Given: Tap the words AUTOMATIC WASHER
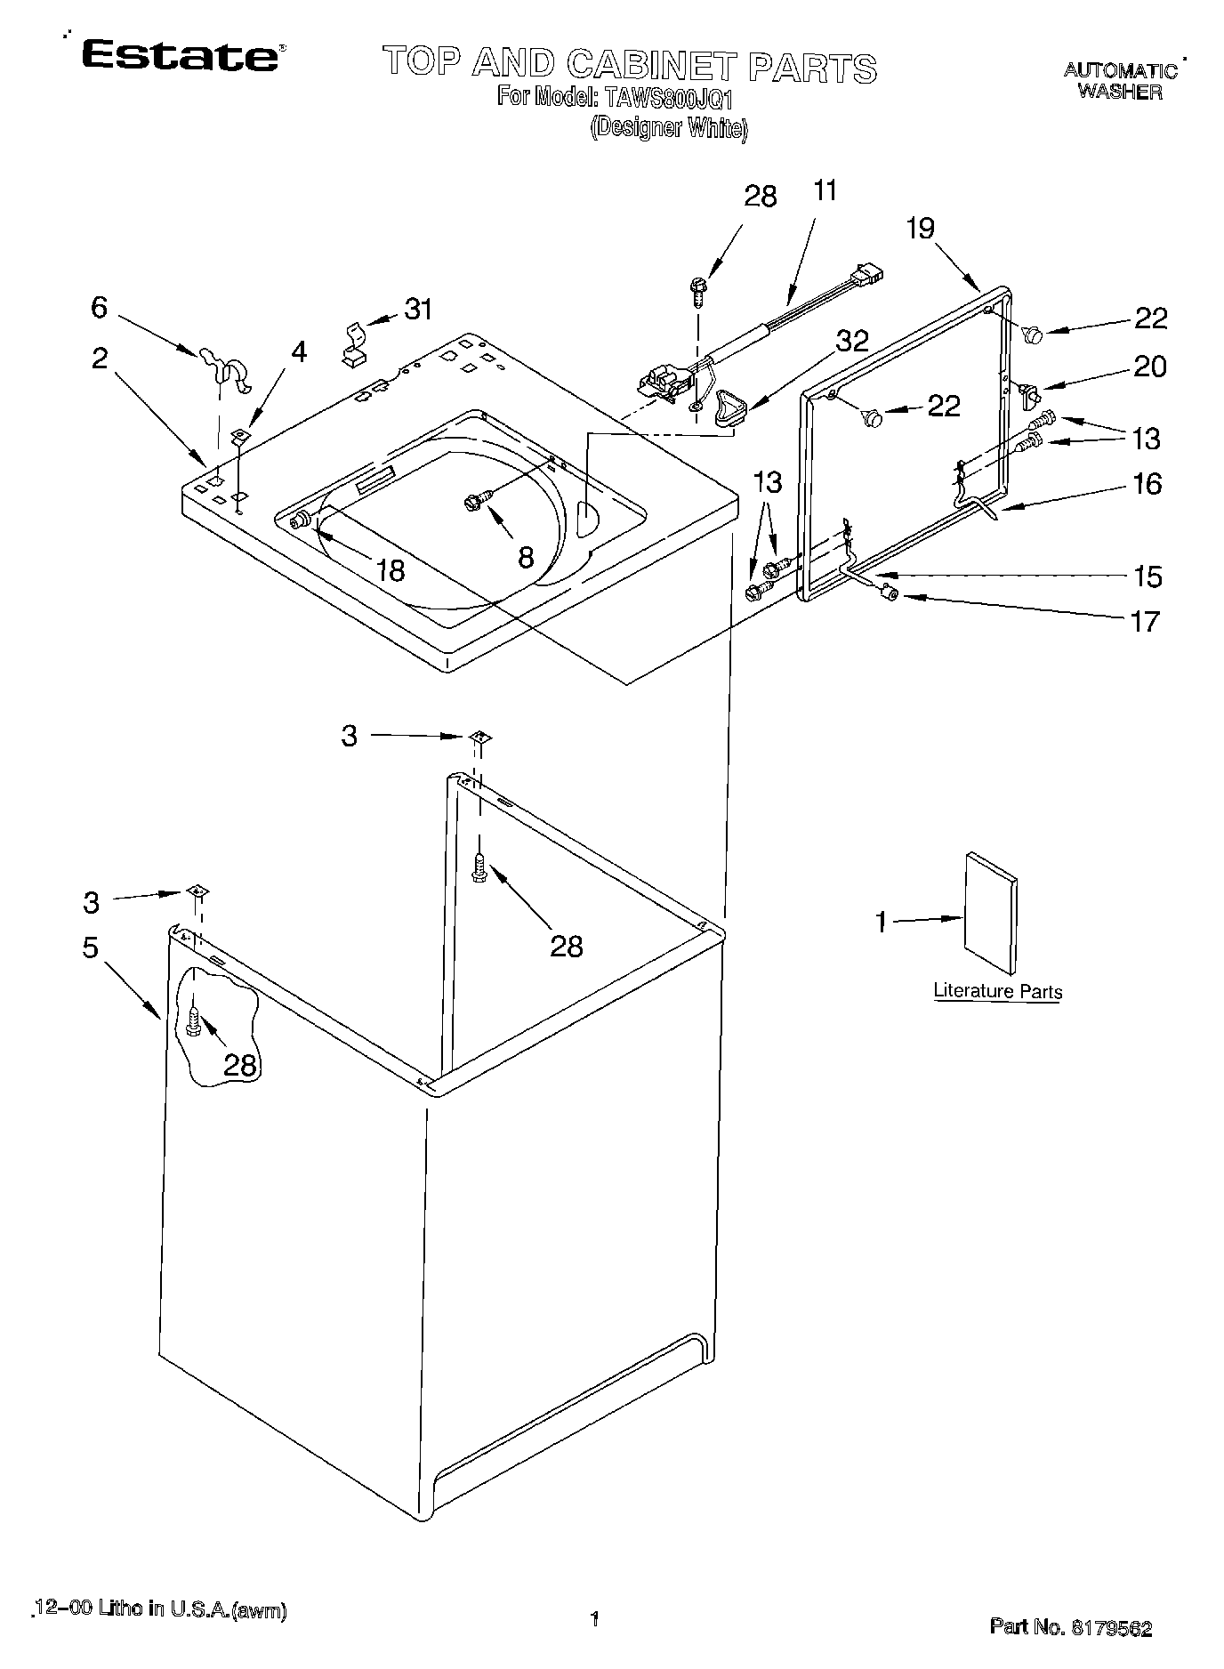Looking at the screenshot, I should pyautogui.click(x=1120, y=81).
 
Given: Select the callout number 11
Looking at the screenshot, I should pyautogui.click(x=825, y=190).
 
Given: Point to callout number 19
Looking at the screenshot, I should pyautogui.click(x=921, y=229).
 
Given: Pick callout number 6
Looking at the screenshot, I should pyautogui.click(x=99, y=308).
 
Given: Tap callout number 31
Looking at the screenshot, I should pyautogui.click(x=418, y=309).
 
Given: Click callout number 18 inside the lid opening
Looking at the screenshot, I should pyautogui.click(x=390, y=569).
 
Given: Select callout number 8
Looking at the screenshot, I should pyautogui.click(x=526, y=557).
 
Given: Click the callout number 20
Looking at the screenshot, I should pyautogui.click(x=1148, y=367).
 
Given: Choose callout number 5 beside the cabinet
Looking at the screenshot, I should pyautogui.click(x=91, y=947).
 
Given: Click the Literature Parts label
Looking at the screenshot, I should pyautogui.click(x=997, y=991).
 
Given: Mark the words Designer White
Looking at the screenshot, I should pyautogui.click(x=668, y=128).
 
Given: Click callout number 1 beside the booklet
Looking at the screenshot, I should pyautogui.click(x=881, y=922).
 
